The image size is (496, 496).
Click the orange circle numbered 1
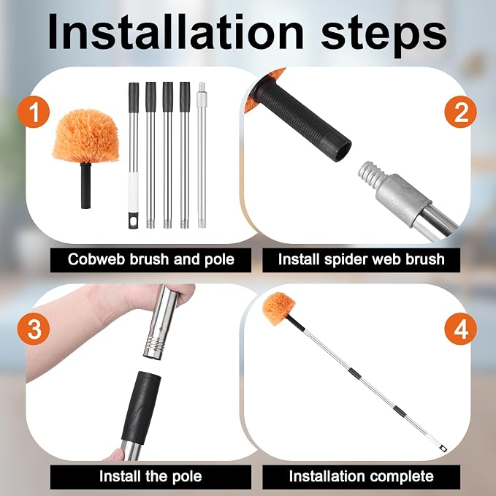34,112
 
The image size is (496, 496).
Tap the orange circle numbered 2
460,112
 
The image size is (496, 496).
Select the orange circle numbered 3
34,329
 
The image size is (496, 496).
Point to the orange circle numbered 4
460,329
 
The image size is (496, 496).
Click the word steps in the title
384,36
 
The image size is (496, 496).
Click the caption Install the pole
150,476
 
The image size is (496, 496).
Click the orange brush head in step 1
85,136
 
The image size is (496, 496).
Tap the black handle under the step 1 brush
85,186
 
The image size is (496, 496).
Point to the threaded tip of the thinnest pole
201,87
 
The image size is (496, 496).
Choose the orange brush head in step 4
279,309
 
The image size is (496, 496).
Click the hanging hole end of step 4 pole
443,448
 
